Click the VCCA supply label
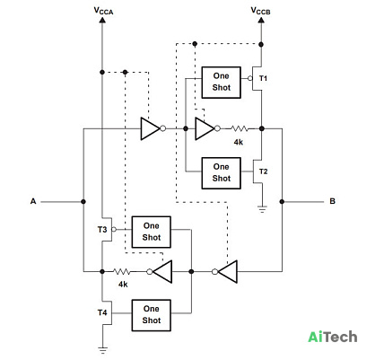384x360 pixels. coord(103,11)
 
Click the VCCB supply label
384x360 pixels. coord(260,11)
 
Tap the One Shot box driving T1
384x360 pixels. coord(221,83)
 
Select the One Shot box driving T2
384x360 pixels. coord(221,173)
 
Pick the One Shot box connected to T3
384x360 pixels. coord(152,232)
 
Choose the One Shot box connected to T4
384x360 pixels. coord(152,315)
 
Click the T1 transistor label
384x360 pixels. coord(263,78)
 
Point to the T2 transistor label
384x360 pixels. coord(263,171)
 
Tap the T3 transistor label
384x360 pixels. coord(102,230)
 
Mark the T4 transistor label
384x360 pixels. coord(102,312)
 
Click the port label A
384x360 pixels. coord(33,201)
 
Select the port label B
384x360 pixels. coord(332,201)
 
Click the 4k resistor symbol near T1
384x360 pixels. coord(240,128)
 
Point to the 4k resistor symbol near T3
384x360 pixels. coord(122,272)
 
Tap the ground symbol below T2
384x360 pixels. coord(262,209)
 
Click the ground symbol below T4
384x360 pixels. coord(102,350)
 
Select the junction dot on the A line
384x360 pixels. coord(83,202)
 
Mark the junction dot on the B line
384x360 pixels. coord(282,202)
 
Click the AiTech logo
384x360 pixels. coord(333,337)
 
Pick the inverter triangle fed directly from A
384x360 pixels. coord(151,128)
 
